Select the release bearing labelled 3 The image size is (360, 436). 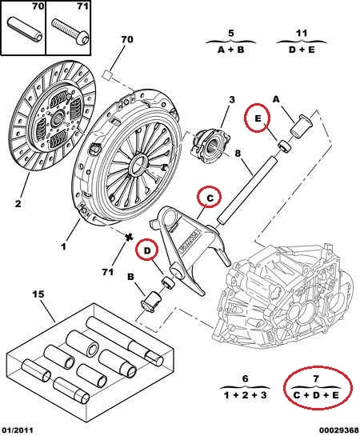[x=210, y=146]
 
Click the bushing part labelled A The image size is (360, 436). [x=301, y=126]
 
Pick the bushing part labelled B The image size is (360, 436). [x=152, y=302]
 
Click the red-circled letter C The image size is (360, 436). [x=210, y=198]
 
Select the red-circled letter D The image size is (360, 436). [x=146, y=251]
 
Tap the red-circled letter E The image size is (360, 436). [x=258, y=118]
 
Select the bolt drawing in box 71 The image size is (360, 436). [x=70, y=31]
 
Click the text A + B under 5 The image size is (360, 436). [x=230, y=50]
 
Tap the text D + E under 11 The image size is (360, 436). [x=302, y=50]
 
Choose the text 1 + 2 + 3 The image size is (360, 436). [x=245, y=395]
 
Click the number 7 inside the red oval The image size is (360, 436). [x=316, y=378]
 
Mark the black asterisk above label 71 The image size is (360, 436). [x=128, y=237]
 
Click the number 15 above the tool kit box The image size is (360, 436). [x=38, y=294]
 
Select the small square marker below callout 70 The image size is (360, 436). [x=107, y=75]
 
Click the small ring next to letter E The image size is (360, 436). [x=285, y=146]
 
